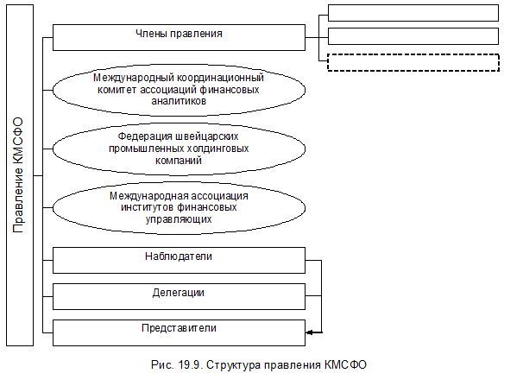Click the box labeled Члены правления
tap(179, 36)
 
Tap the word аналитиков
tap(179, 101)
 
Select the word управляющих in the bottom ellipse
tap(179, 220)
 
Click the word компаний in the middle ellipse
tap(179, 161)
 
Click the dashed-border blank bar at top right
tap(413, 63)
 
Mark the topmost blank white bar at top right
tap(413, 13)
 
